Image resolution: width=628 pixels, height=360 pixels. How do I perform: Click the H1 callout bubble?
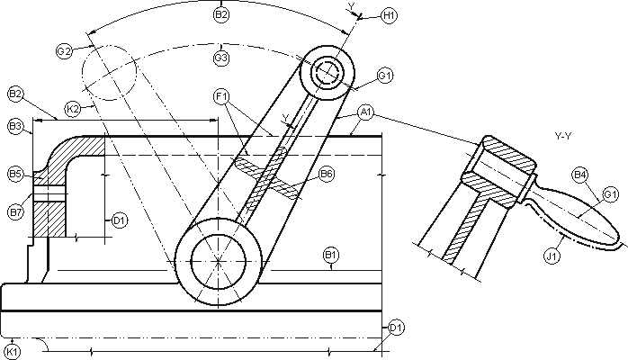389,15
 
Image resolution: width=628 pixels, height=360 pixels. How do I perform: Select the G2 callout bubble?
64,51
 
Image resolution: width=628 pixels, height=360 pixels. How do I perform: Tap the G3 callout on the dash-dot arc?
221,58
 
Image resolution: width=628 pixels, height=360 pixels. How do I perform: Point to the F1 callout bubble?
221,95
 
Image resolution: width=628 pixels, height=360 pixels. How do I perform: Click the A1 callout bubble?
365,112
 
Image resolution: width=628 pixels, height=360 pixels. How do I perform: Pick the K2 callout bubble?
73,108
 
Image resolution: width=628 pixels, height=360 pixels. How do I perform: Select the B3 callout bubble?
15,127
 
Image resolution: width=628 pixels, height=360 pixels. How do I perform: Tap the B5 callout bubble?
15,172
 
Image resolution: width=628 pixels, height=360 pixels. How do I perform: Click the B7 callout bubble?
15,212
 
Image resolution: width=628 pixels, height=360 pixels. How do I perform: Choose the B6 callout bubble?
327,175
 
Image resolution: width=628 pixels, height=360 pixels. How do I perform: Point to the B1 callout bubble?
331,256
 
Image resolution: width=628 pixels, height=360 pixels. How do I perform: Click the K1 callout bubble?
12,350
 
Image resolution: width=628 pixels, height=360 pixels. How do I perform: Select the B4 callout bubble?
580,173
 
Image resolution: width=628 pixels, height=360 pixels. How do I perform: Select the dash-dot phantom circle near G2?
109,70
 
